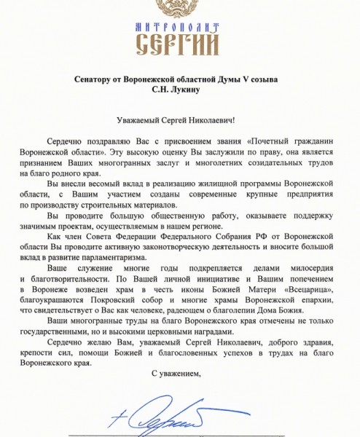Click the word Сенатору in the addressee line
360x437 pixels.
tap(96, 79)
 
